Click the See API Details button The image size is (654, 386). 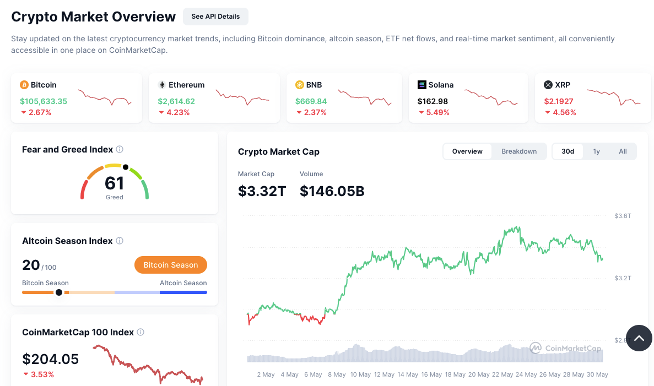[x=215, y=17]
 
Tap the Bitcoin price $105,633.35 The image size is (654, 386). [x=44, y=101]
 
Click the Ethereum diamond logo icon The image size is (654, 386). [x=162, y=85]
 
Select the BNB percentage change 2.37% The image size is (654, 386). [x=311, y=112]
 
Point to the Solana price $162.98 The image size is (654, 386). [x=433, y=101]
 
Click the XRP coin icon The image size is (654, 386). [x=548, y=85]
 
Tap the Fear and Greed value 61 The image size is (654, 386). [x=115, y=183]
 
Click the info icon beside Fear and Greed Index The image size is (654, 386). [x=120, y=149]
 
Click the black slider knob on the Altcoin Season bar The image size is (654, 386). [x=59, y=292]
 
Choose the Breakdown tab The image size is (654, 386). [x=519, y=151]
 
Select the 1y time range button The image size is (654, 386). [x=597, y=151]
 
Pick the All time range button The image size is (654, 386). [x=623, y=151]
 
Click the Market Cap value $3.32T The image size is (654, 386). [x=262, y=191]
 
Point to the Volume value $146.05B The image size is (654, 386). [x=332, y=191]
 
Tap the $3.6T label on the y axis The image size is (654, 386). [x=623, y=216]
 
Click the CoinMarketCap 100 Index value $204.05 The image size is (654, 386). [x=51, y=359]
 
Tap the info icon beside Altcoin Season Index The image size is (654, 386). [x=120, y=241]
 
